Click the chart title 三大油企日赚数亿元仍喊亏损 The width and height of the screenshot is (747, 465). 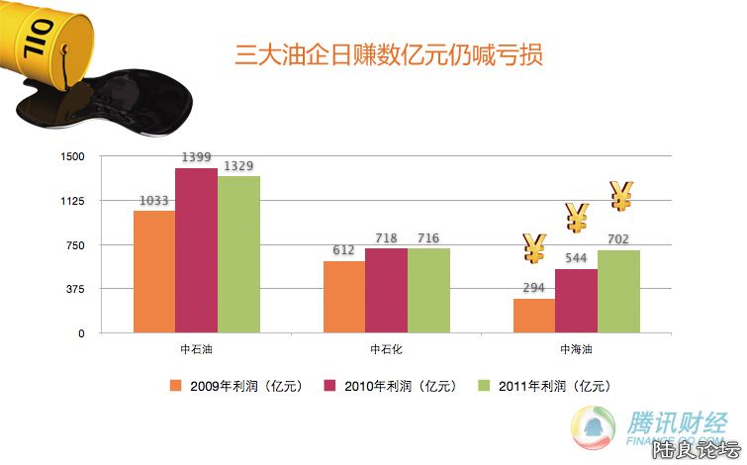388,53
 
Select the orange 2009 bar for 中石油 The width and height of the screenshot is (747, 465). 154,272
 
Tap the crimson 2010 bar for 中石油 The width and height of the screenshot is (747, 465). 196,251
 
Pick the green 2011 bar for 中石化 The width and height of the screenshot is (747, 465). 428,291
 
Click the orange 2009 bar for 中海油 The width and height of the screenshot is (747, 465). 534,316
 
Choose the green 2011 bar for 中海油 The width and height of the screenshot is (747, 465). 618,292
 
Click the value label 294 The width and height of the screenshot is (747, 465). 534,288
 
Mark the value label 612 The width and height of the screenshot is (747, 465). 343,250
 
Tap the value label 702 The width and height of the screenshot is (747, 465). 618,239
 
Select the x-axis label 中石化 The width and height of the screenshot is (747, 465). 386,349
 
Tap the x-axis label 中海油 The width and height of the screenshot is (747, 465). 576,349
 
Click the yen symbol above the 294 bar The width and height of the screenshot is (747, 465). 534,248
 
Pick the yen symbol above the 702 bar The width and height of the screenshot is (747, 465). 620,196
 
